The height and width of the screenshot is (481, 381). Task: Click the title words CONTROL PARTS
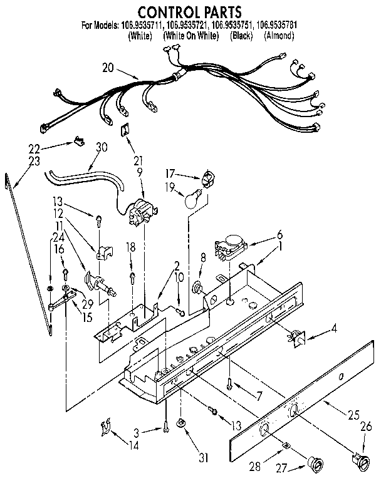(189, 11)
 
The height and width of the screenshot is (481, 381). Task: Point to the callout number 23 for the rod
(34, 160)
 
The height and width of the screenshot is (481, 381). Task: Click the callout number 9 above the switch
(140, 171)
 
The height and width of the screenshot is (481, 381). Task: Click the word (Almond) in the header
(278, 36)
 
